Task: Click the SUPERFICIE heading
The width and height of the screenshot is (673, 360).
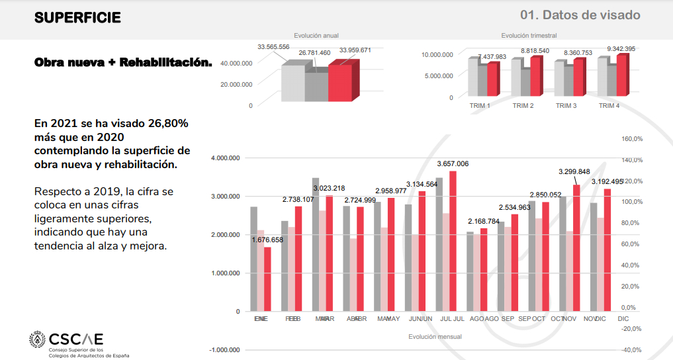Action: (x=77, y=18)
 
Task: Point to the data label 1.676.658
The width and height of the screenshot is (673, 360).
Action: (x=267, y=240)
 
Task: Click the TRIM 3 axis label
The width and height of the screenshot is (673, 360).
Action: (x=566, y=106)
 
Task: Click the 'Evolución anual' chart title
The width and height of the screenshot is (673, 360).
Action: (x=316, y=36)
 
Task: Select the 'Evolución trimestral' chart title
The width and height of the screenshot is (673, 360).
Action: (x=529, y=36)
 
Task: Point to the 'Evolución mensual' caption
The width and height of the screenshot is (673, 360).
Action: (x=435, y=336)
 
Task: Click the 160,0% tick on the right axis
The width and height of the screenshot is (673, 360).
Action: (x=633, y=139)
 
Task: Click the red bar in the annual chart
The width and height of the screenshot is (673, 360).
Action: (x=340, y=83)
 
